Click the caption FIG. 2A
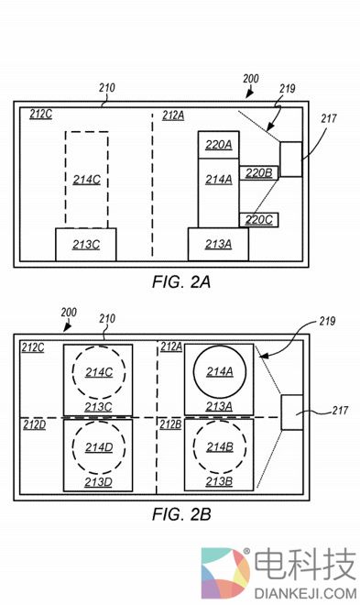pos(181,282)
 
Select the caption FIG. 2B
pos(181,514)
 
